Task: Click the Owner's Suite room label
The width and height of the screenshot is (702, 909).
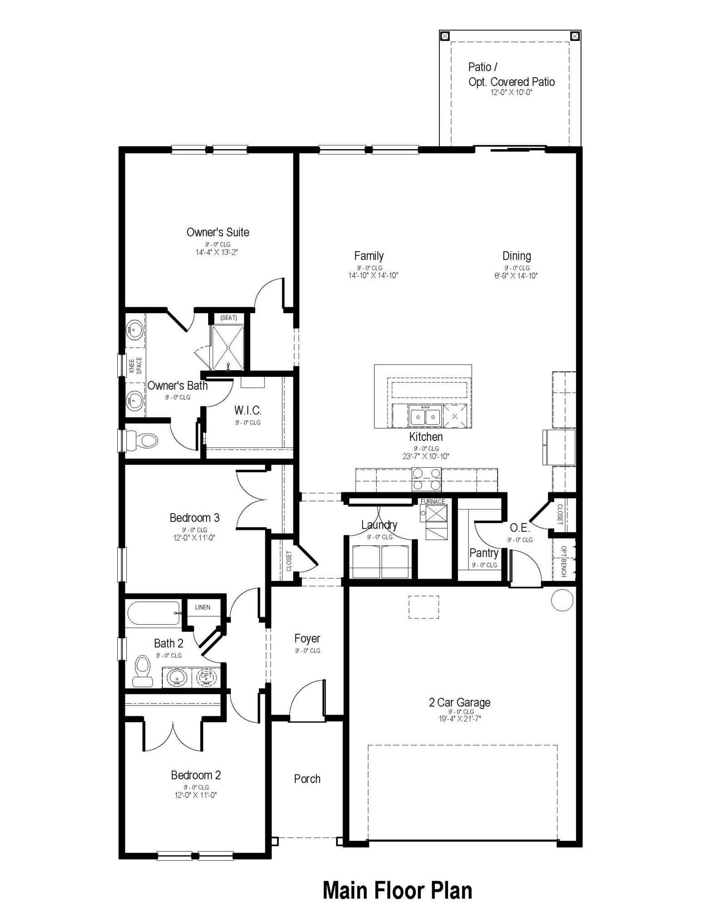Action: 218,232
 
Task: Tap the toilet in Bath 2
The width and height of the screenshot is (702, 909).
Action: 143,670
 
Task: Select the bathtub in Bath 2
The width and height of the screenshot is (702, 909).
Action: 153,613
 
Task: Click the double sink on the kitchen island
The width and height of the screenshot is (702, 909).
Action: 425,416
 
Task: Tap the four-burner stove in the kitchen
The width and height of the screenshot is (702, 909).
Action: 426,479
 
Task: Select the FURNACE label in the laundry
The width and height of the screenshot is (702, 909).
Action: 433,501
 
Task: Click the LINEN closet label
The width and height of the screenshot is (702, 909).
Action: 203,607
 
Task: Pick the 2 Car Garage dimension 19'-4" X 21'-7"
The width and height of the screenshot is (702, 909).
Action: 460,719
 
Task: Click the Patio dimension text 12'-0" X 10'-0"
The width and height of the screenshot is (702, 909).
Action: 511,92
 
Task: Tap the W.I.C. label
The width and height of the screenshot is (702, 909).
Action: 248,410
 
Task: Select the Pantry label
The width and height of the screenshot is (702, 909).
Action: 483,553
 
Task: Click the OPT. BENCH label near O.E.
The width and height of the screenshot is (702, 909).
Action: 563,561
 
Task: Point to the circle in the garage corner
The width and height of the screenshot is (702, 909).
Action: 562,600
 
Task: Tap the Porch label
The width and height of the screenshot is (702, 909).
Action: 307,779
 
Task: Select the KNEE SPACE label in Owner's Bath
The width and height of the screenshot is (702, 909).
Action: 135,365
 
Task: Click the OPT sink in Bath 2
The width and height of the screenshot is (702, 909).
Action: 207,677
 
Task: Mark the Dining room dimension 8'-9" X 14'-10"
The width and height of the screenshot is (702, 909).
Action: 516,275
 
